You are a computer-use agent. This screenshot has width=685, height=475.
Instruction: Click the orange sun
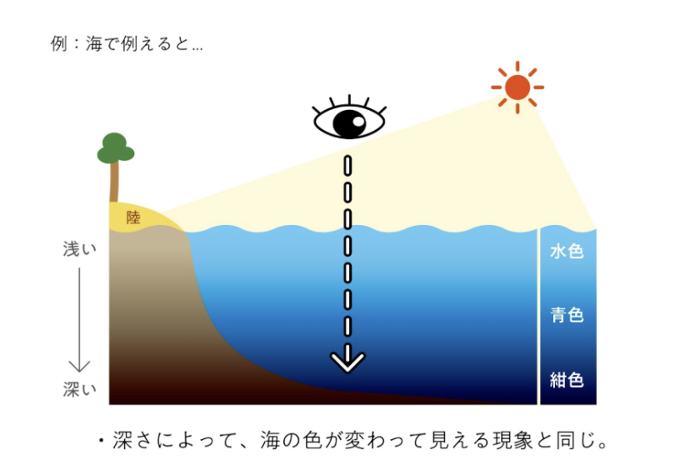tap(517, 86)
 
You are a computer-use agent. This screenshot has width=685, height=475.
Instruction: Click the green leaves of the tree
tap(115, 148)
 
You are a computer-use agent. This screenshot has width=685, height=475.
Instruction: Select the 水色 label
tap(567, 251)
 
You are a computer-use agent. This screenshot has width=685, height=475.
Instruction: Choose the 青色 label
tap(567, 315)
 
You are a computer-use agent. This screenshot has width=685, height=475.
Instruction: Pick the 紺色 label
tap(567, 380)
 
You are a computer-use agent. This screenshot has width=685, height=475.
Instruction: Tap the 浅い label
tap(80, 249)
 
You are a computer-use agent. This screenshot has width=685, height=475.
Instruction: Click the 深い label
tap(80, 389)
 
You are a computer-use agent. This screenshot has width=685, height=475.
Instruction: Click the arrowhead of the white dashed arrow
tap(347, 362)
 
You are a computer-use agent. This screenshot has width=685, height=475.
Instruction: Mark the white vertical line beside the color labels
tap(539, 317)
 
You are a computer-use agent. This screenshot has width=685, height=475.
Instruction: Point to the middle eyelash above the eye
tap(349, 99)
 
